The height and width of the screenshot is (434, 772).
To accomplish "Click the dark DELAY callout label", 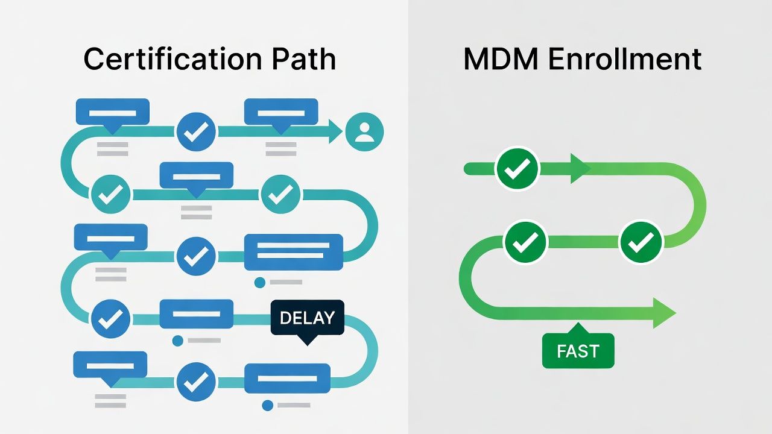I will tap(308, 318).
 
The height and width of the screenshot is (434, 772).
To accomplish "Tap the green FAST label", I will tap(578, 351).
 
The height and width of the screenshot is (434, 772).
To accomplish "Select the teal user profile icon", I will tap(364, 131).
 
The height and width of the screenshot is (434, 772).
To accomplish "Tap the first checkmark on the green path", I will tap(517, 169).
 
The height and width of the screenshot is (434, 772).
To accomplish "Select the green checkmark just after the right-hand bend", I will tap(641, 243).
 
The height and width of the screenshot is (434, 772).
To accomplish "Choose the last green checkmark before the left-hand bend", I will tap(525, 243).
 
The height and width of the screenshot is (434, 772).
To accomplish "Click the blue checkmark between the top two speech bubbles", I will tap(196, 131).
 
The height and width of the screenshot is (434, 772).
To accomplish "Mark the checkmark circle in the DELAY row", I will tap(110, 318).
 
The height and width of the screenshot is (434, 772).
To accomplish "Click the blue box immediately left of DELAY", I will tap(196, 314).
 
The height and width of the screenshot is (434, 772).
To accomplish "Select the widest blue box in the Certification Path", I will tap(293, 252).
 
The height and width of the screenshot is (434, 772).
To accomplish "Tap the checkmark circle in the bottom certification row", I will tap(196, 382).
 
